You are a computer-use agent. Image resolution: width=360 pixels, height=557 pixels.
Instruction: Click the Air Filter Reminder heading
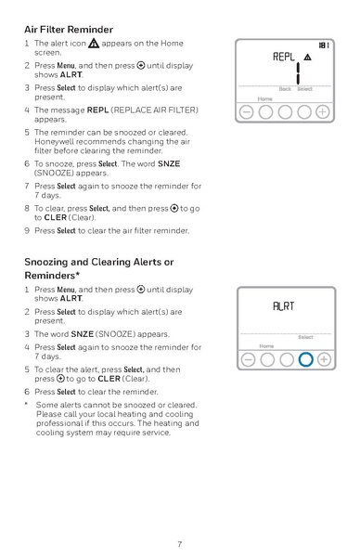(x=69, y=30)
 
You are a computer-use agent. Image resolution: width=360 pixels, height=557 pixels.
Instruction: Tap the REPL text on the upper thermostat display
(x=284, y=57)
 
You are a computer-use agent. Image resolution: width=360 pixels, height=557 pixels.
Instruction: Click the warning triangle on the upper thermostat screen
(x=307, y=58)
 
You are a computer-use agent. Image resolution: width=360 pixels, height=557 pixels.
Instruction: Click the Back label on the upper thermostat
(x=285, y=89)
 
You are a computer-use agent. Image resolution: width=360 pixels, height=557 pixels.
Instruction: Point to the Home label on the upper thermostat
(x=265, y=97)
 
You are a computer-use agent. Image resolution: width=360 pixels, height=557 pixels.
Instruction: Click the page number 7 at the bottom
(x=180, y=543)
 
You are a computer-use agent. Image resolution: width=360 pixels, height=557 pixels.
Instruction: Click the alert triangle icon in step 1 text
(x=95, y=44)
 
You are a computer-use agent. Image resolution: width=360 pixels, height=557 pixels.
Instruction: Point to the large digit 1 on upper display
(x=299, y=72)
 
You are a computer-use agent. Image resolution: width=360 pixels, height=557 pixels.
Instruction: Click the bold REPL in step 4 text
(x=98, y=110)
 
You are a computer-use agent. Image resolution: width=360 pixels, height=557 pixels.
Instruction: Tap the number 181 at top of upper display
(x=323, y=45)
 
